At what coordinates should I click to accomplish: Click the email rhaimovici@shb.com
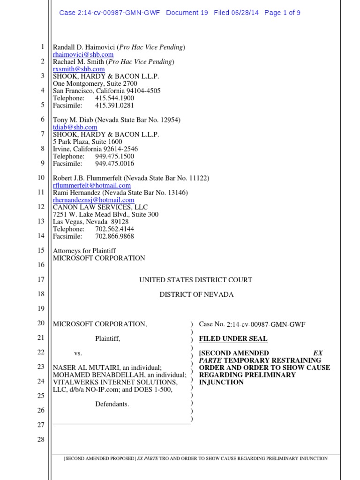click(83, 55)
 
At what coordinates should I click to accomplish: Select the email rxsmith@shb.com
click(78, 69)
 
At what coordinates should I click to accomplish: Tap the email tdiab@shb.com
click(75, 127)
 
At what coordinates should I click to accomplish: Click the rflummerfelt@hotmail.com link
click(91, 185)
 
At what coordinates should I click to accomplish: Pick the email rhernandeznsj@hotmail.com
click(93, 200)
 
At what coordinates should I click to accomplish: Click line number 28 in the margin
click(40, 439)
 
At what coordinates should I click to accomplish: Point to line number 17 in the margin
click(40, 279)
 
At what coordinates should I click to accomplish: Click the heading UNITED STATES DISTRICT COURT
click(195, 280)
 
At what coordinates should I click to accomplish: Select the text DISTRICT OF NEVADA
click(196, 294)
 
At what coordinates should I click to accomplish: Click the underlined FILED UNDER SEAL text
click(226, 338)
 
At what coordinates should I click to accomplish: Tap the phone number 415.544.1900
click(114, 98)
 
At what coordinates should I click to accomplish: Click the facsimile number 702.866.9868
click(114, 236)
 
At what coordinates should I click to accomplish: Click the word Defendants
click(112, 404)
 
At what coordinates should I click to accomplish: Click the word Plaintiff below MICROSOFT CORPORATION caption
click(107, 338)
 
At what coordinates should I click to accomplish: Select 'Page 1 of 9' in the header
click(282, 13)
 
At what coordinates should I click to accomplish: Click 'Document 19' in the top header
click(187, 13)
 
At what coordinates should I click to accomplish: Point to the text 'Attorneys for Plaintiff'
click(84, 251)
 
